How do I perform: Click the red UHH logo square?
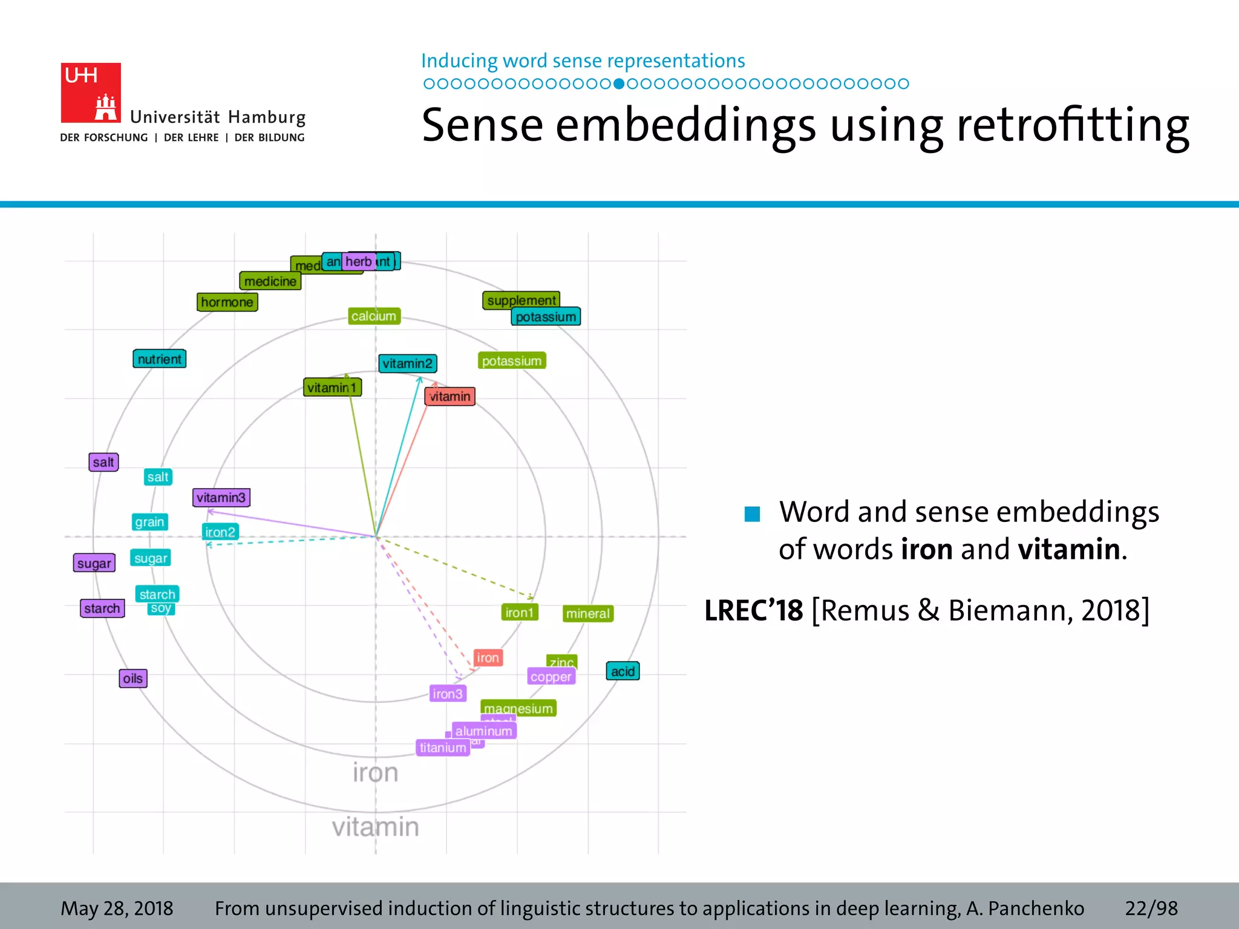click(x=90, y=93)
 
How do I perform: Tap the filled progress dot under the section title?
click(x=618, y=84)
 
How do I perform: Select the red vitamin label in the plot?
click(x=450, y=397)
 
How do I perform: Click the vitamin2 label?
click(x=407, y=363)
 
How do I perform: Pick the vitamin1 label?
click(x=332, y=388)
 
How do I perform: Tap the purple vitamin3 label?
click(x=221, y=498)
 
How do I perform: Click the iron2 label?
click(x=220, y=532)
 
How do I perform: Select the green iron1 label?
click(x=520, y=613)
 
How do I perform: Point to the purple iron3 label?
click(x=448, y=694)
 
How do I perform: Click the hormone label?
click(x=227, y=302)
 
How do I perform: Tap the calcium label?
click(x=374, y=316)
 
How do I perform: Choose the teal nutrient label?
click(x=159, y=359)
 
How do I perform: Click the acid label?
click(x=623, y=671)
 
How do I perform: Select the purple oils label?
click(x=132, y=679)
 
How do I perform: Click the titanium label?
click(x=443, y=748)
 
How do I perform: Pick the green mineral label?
click(x=587, y=614)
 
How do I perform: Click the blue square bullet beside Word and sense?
click(x=752, y=514)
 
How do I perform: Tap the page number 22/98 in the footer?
click(x=1151, y=908)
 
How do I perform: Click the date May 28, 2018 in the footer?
click(x=117, y=908)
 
